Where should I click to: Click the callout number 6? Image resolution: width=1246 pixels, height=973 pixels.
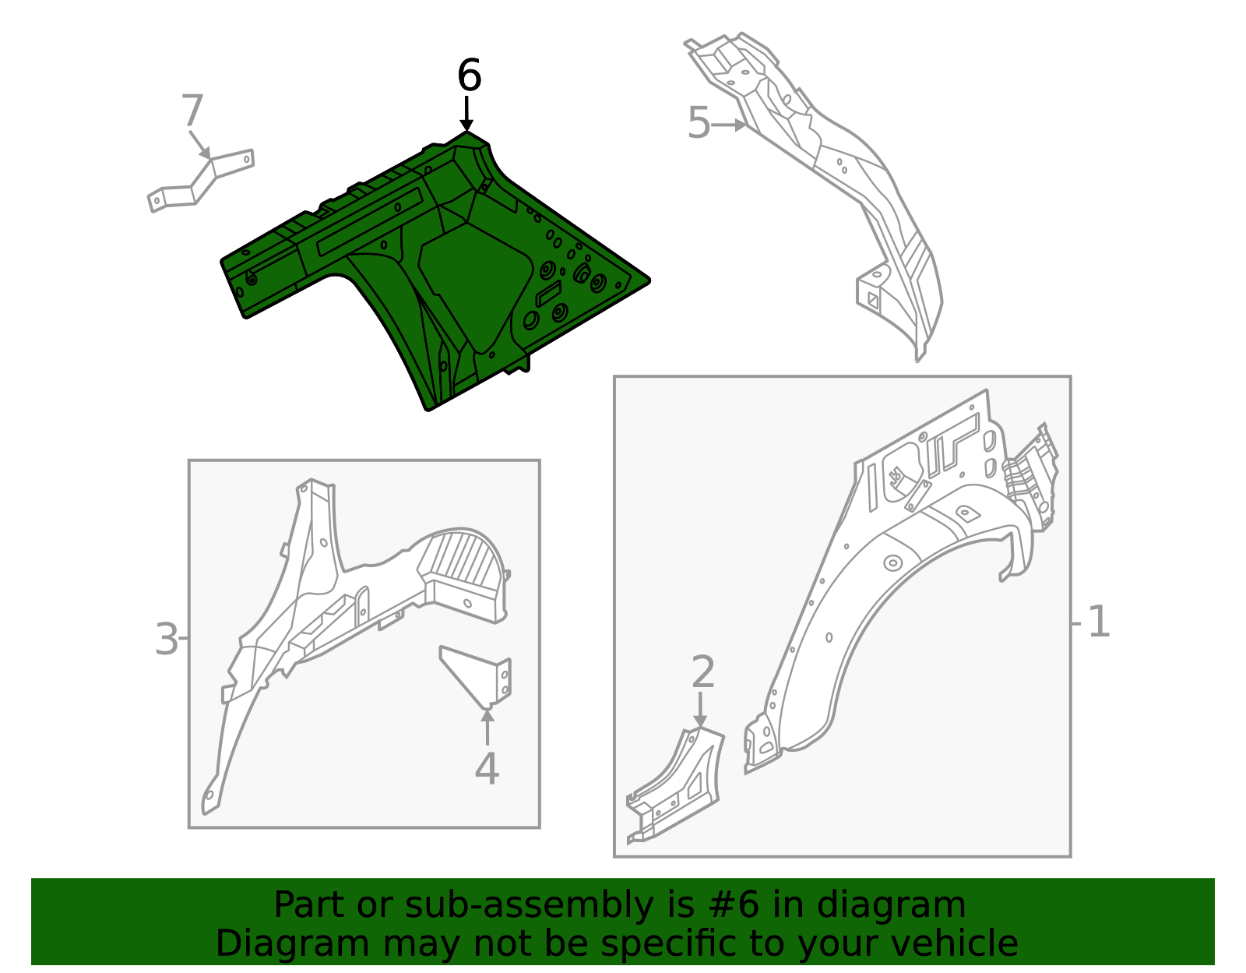pos(469,75)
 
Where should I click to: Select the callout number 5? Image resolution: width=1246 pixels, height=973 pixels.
pos(699,123)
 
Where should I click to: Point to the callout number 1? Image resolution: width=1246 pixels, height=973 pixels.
pos(1099,622)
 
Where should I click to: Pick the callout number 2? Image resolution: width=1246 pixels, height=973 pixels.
pos(703,672)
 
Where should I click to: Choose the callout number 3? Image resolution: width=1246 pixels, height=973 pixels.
pos(167,639)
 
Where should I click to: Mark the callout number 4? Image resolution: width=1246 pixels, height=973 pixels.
pos(487,769)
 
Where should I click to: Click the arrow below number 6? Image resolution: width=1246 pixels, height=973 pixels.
pos(466,114)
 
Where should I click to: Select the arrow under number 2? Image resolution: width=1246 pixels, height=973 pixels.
pos(700,710)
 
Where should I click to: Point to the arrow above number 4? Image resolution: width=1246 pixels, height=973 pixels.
pos(487,727)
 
